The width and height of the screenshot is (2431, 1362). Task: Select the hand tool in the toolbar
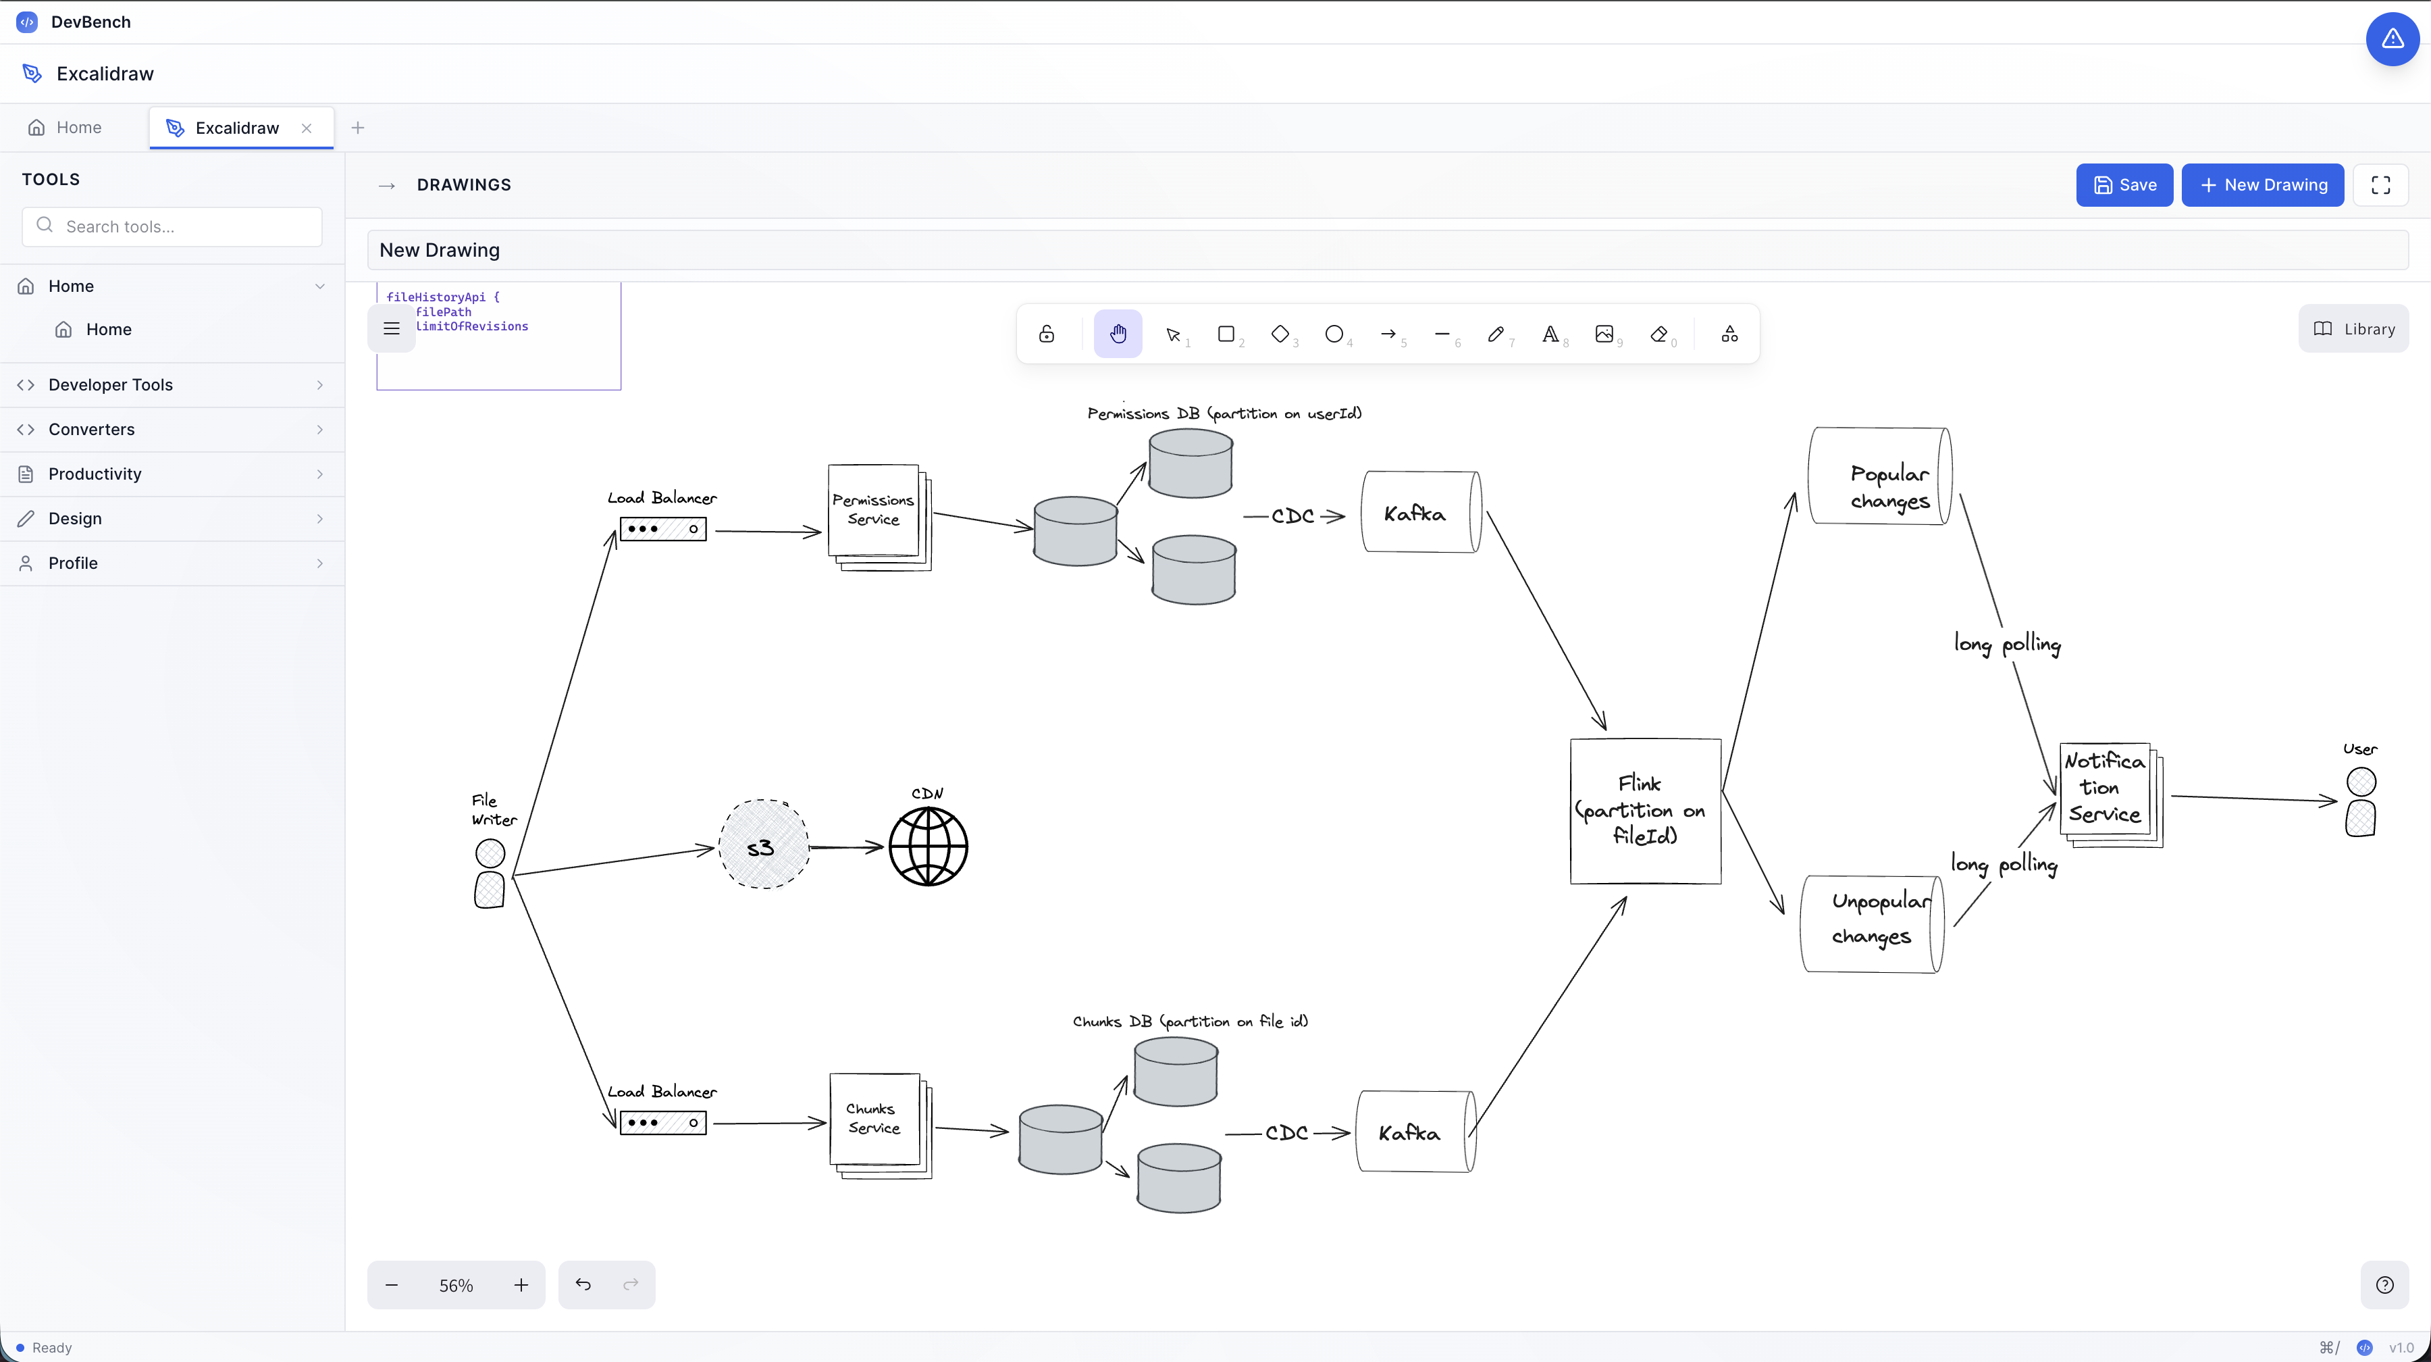click(1118, 334)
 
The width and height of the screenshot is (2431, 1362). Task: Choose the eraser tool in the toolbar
click(1658, 334)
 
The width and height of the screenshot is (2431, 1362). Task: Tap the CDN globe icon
click(929, 847)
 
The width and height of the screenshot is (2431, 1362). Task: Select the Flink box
click(1645, 811)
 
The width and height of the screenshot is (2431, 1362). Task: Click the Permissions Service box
click(874, 511)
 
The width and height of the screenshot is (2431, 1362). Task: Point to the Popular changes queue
click(1880, 477)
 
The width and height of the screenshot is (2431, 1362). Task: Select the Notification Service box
click(2106, 789)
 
